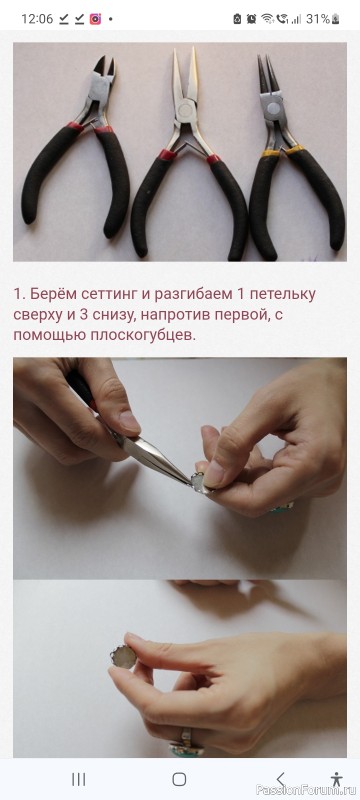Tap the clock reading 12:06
[x=37, y=19]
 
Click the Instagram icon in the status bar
[x=95, y=19]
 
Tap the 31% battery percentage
[x=318, y=19]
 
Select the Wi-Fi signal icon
[x=267, y=19]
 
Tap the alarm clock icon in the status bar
[x=251, y=19]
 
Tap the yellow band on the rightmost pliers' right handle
[x=294, y=150]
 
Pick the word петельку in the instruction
[x=282, y=294]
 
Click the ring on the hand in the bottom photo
[x=187, y=743]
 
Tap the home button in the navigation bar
[x=179, y=779]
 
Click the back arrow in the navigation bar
[x=280, y=779]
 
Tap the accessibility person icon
[x=336, y=779]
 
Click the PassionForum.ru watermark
[x=307, y=790]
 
